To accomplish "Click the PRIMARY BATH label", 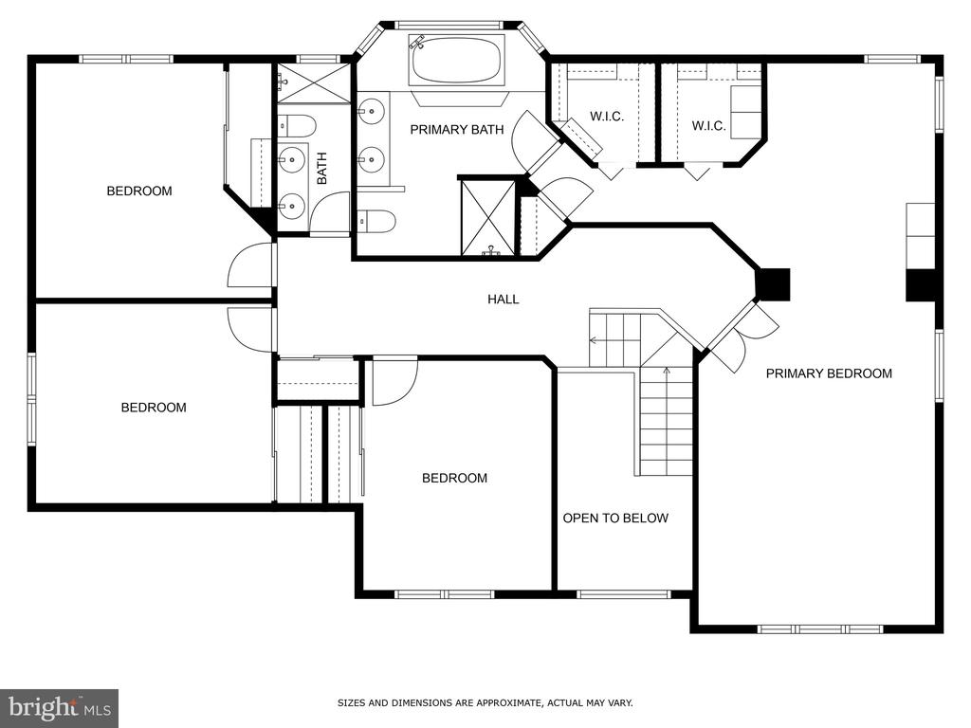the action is pyautogui.click(x=457, y=129).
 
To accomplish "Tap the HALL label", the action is pyautogui.click(x=503, y=300).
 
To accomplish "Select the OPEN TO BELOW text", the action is pyautogui.click(x=615, y=519).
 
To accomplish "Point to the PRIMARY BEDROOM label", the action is pyautogui.click(x=829, y=373).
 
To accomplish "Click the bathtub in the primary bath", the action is pyautogui.click(x=457, y=60).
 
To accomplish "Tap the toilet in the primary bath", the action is pyautogui.click(x=376, y=221).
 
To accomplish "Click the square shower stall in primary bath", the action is pyautogui.click(x=488, y=217).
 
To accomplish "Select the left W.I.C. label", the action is pyautogui.click(x=607, y=117).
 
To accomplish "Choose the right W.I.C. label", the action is pyautogui.click(x=708, y=126).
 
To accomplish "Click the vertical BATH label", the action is pyautogui.click(x=322, y=169).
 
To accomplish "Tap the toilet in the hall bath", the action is pyautogui.click(x=297, y=126).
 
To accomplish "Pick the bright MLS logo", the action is pyautogui.click(x=60, y=708).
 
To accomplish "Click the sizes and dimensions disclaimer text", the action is pyautogui.click(x=485, y=702).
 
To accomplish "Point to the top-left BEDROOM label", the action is pyautogui.click(x=139, y=191).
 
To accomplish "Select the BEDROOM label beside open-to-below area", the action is pyautogui.click(x=454, y=478).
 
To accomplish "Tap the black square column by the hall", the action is pyautogui.click(x=774, y=284).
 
